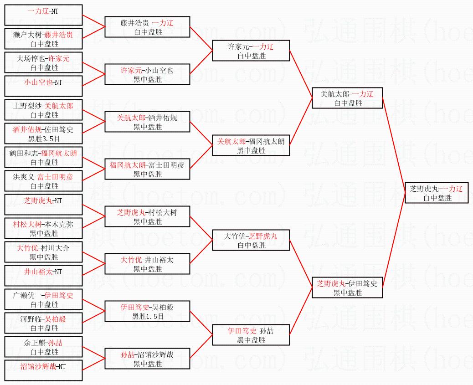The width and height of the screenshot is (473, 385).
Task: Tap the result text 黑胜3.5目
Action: pyautogui.click(x=44, y=139)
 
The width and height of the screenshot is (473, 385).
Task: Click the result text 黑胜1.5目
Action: pyautogui.click(x=148, y=316)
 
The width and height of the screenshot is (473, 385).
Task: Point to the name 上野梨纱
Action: pyautogui.click(x=27, y=106)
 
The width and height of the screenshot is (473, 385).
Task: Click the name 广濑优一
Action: pyautogui.click(x=27, y=295)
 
